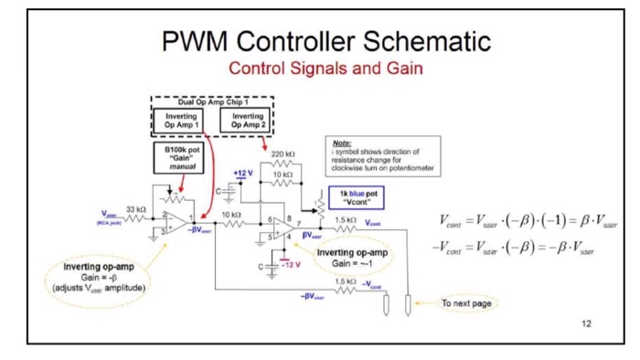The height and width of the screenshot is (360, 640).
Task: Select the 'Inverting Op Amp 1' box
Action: pos(178,121)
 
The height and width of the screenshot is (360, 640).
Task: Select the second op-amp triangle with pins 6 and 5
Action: pos(282,228)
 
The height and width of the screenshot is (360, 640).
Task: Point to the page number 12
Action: pos(586,323)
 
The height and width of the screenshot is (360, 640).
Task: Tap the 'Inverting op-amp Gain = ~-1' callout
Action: pos(353,258)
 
